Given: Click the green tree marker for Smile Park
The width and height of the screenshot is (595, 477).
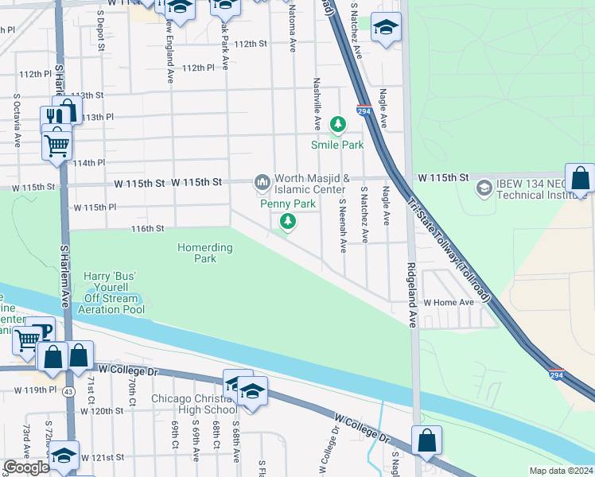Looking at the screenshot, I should [339, 124].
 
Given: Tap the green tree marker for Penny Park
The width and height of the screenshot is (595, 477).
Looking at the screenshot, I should [289, 222].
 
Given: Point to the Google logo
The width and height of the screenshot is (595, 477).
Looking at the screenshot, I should [27, 467].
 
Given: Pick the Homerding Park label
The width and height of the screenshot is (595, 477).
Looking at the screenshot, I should [205, 253].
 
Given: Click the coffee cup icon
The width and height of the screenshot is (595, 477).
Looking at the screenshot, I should [40, 329].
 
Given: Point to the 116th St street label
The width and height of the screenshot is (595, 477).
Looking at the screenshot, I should [147, 228].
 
